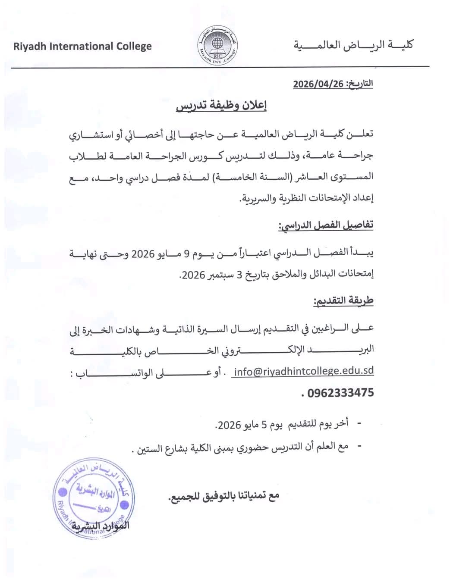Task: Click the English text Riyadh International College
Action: pyautogui.click(x=82, y=46)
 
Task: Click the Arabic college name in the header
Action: pyautogui.click(x=353, y=45)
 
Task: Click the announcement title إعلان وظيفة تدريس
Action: pyautogui.click(x=221, y=106)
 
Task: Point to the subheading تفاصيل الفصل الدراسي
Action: pyautogui.click(x=326, y=225)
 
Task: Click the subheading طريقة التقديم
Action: pyautogui.click(x=343, y=300)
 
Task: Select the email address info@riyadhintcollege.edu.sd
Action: pyautogui.click(x=303, y=371)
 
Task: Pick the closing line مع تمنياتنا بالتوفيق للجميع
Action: pyautogui.click(x=223, y=496)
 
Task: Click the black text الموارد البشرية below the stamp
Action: pyautogui.click(x=100, y=526)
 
